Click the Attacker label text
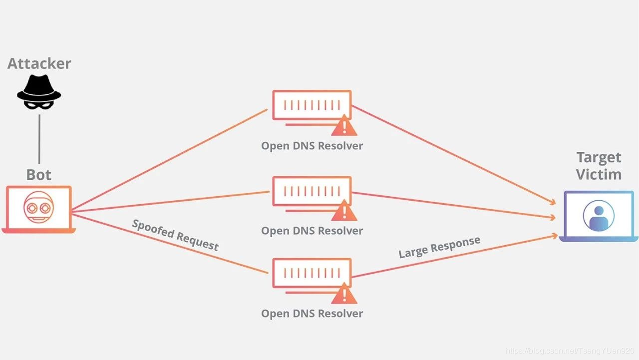pyautogui.click(x=39, y=63)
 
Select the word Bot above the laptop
pyautogui.click(x=39, y=175)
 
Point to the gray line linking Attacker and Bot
pyautogui.click(x=39, y=139)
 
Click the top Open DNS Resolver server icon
pyautogui.click(x=312, y=105)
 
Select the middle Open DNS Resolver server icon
pyautogui.click(x=312, y=191)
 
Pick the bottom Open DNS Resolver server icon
pyautogui.click(x=312, y=273)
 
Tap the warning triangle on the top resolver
pyautogui.click(x=344, y=126)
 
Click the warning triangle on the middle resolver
pyautogui.click(x=344, y=211)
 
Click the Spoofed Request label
pyautogui.click(x=175, y=235)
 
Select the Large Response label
pyautogui.click(x=439, y=247)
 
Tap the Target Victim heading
pyautogui.click(x=599, y=166)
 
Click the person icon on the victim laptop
pyautogui.click(x=598, y=215)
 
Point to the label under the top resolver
pyautogui.click(x=312, y=146)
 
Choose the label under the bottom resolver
pyautogui.click(x=312, y=314)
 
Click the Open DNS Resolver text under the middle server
pyautogui.click(x=312, y=231)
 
